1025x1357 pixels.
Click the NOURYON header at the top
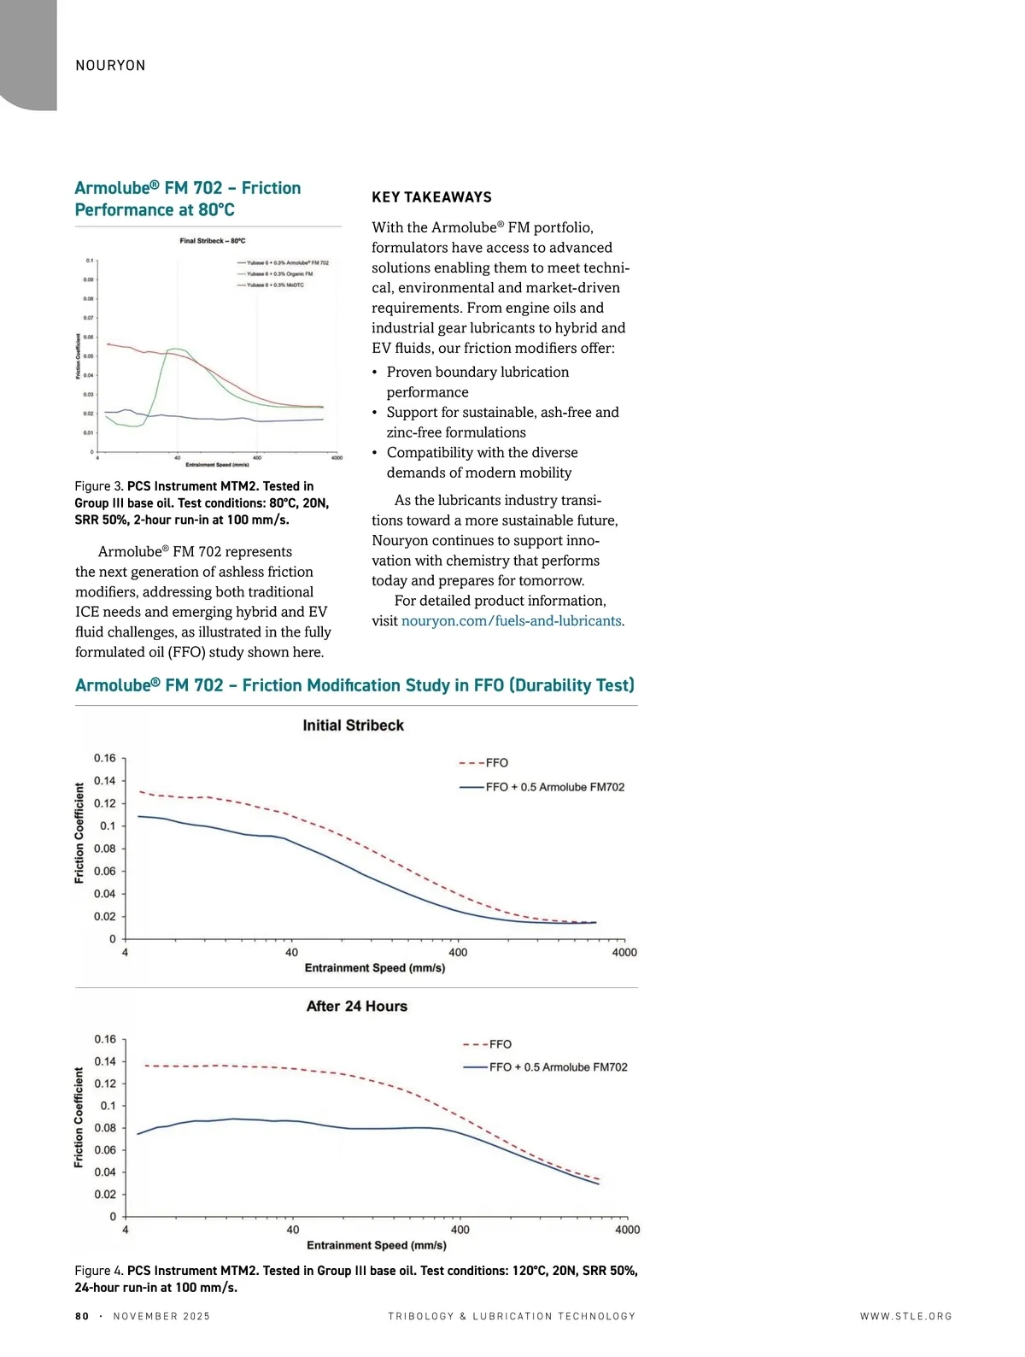pyautogui.click(x=110, y=66)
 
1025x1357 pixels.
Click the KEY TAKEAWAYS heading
pyautogui.click(x=431, y=197)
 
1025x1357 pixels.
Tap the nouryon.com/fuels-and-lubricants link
pyautogui.click(x=511, y=620)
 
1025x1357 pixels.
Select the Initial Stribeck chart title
pyautogui.click(x=353, y=725)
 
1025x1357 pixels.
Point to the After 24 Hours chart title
pyautogui.click(x=356, y=1007)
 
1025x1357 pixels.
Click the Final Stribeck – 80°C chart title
pyautogui.click(x=213, y=241)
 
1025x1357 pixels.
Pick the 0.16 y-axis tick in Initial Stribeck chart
pyautogui.click(x=104, y=758)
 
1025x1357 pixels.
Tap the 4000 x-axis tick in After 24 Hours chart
pyautogui.click(x=627, y=1230)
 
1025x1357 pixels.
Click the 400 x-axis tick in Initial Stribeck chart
pyautogui.click(x=458, y=952)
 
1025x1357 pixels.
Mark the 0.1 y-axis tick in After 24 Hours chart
pyautogui.click(x=108, y=1106)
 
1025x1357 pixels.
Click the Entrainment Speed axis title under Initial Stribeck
pyautogui.click(x=375, y=968)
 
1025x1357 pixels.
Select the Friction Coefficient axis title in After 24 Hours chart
pyautogui.click(x=79, y=1117)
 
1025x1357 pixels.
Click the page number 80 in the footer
pyautogui.click(x=82, y=1316)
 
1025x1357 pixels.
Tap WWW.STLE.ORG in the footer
pyautogui.click(x=905, y=1316)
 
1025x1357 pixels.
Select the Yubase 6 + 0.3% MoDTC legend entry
pyautogui.click(x=275, y=285)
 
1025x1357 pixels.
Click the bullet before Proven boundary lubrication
pyautogui.click(x=375, y=373)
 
